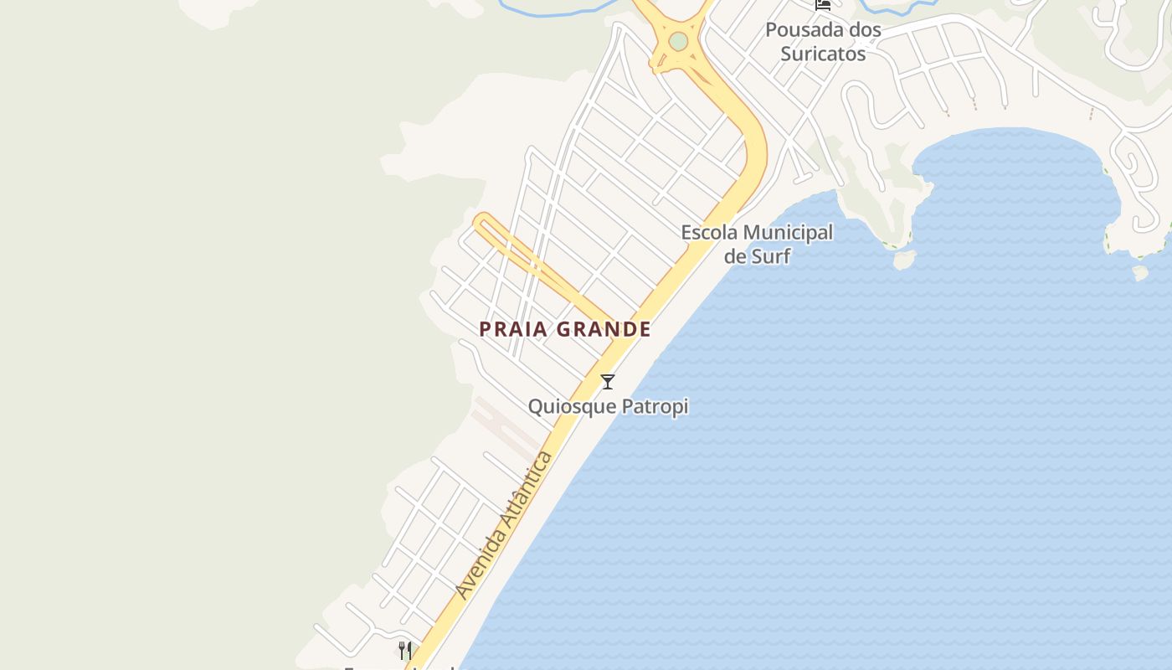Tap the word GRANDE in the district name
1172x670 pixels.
pos(603,329)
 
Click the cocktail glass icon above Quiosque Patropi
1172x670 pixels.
pos(608,382)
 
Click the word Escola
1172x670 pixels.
pos(709,232)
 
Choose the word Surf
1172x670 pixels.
pos(770,256)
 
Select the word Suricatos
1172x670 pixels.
pos(823,54)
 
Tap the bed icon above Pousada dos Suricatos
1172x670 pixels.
pos(823,4)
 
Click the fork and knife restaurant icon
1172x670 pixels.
pos(405,650)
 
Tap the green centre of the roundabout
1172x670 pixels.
pos(678,40)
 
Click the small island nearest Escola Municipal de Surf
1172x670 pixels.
pos(904,260)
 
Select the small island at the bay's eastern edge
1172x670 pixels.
pos(1139,273)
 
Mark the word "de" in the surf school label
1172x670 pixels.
pos(735,256)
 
